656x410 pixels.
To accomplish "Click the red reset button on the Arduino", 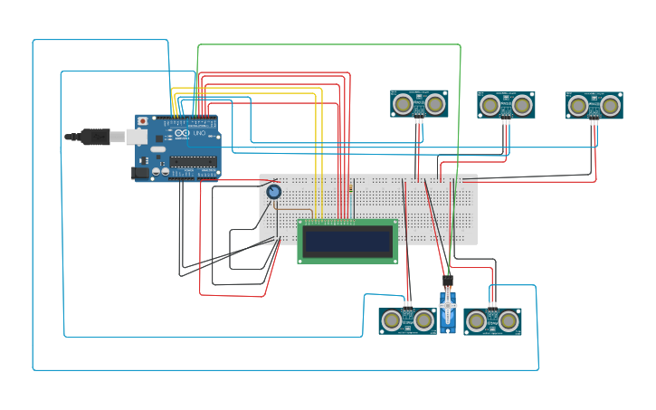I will tap(142, 121).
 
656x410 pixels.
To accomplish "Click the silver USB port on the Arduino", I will tap(136, 136).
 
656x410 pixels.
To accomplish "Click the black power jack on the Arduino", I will tap(139, 172).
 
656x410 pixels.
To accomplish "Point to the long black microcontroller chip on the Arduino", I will tap(194, 162).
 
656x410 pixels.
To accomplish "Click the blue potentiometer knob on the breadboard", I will tap(273, 192).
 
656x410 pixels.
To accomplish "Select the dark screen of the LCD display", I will tap(347, 241).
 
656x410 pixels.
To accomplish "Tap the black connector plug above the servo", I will tap(448, 281).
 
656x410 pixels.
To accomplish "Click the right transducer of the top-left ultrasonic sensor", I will tap(435, 104).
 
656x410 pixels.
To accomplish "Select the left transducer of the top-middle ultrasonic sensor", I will tap(490, 105).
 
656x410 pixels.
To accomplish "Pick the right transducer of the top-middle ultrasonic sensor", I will tap(522, 105).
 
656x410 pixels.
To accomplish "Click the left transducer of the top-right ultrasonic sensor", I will tap(578, 105).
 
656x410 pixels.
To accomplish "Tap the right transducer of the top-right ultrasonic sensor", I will tap(611, 105).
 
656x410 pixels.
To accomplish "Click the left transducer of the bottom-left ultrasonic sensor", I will tap(391, 319).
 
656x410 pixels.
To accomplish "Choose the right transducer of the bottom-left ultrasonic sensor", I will tap(423, 319).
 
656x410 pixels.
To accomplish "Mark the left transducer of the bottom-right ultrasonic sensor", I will tap(477, 320).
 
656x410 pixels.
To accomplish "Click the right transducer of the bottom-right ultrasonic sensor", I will tap(509, 320).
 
